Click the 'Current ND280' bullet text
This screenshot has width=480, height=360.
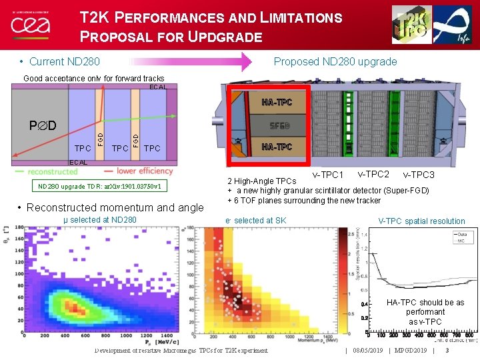pos(64,62)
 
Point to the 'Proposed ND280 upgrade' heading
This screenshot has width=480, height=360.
pos(335,62)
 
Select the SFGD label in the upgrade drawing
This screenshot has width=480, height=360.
pos(279,126)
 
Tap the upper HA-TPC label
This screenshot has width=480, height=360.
pos(277,103)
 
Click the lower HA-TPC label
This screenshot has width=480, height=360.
pos(277,147)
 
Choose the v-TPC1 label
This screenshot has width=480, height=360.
pos(327,175)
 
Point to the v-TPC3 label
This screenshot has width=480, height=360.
pos(418,175)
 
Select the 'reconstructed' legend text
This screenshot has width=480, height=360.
pos(53,171)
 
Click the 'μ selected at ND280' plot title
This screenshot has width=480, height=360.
pos(99,220)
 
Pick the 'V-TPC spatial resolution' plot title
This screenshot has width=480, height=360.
pos(421,221)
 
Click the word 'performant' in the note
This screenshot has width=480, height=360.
pos(425,312)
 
